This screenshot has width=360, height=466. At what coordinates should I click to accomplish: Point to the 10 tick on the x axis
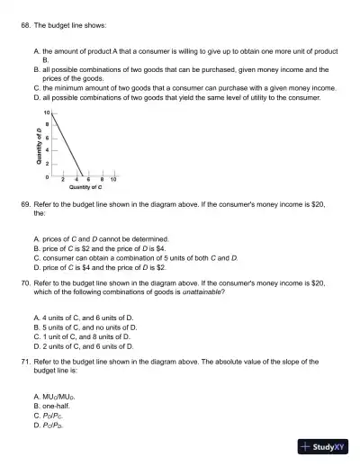click(114, 179)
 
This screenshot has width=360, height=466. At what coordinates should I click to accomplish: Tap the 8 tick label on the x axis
click(102, 179)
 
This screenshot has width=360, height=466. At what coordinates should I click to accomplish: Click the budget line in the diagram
click(68, 144)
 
